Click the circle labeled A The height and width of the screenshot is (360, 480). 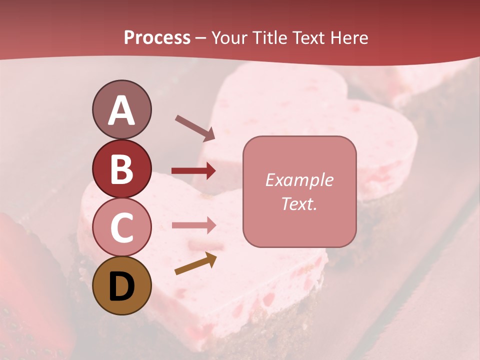click(x=121, y=109)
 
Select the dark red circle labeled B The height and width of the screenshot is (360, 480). click(x=121, y=168)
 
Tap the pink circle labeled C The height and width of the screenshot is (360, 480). click(x=121, y=227)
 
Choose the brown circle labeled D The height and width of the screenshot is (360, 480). click(x=121, y=285)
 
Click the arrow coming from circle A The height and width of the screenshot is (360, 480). click(x=194, y=127)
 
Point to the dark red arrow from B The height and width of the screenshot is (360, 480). click(x=193, y=171)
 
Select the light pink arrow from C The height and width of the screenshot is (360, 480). click(x=193, y=225)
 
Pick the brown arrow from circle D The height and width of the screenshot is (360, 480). click(x=195, y=264)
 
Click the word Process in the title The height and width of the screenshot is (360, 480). click(x=157, y=37)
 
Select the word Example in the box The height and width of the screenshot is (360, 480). click(x=299, y=180)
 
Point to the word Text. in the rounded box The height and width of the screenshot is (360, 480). click(x=299, y=203)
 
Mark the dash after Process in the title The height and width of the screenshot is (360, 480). click(x=201, y=38)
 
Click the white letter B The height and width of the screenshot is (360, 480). click(x=121, y=168)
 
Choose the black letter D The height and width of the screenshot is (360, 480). click(x=121, y=286)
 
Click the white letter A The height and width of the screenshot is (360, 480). click(x=121, y=110)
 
